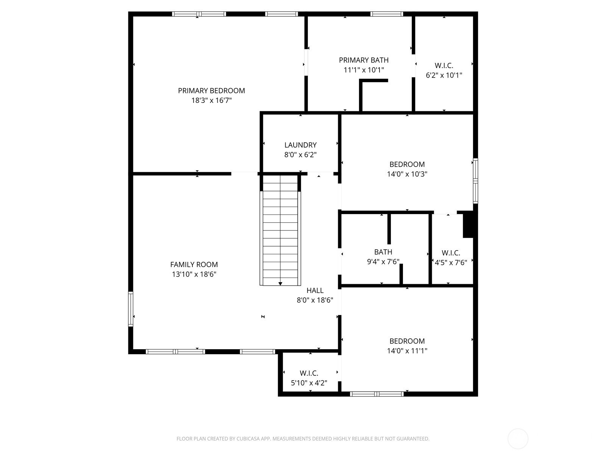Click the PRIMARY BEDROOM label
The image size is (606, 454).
tap(211, 91)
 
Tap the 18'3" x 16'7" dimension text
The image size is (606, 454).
tap(211, 100)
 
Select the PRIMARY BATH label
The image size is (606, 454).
tap(364, 60)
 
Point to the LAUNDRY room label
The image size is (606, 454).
tap(300, 145)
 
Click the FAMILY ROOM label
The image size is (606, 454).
tap(194, 264)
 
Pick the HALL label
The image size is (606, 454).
tap(315, 290)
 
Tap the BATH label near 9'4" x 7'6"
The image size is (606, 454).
tap(383, 252)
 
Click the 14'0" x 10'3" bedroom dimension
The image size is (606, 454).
tap(407, 174)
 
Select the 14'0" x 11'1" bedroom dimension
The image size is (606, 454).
tap(407, 351)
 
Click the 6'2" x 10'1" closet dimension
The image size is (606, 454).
tap(444, 75)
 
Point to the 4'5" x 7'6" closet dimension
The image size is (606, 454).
tap(451, 263)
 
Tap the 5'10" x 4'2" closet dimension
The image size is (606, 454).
tap(309, 383)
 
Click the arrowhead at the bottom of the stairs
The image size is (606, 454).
tap(280, 284)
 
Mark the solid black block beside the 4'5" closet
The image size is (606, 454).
tap(468, 224)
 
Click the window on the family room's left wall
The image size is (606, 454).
tap(131, 309)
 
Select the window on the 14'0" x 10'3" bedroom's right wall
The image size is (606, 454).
tap(475, 181)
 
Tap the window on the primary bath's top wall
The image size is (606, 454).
tap(387, 14)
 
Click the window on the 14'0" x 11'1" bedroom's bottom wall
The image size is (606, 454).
tap(376, 394)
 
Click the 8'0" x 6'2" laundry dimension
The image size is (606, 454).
tap(300, 155)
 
